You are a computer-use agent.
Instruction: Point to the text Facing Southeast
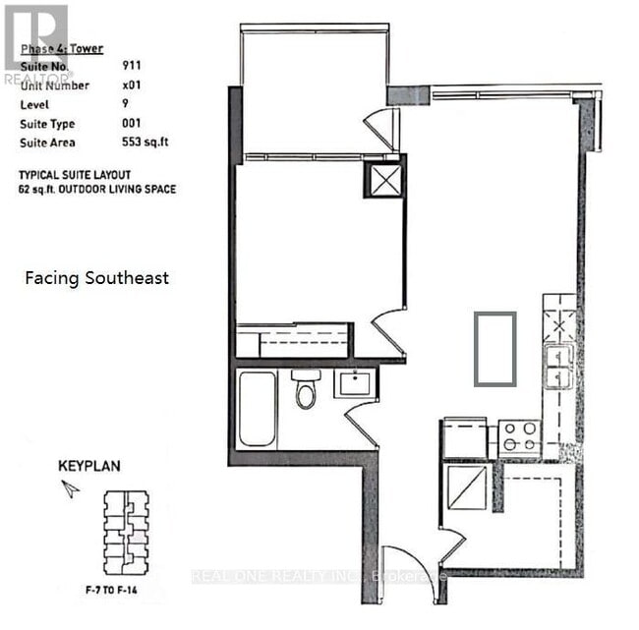pyautogui.click(x=96, y=278)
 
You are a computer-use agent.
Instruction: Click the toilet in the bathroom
pyautogui.click(x=306, y=390)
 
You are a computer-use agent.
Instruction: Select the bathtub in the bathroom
pyautogui.click(x=257, y=408)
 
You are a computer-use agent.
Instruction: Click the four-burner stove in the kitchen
pyautogui.click(x=518, y=437)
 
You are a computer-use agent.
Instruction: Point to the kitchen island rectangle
pyautogui.click(x=494, y=348)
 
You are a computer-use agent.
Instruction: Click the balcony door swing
pyautogui.click(x=381, y=129)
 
